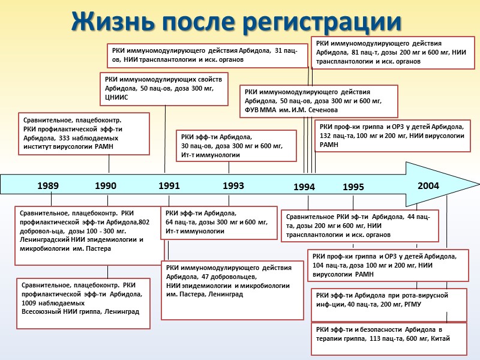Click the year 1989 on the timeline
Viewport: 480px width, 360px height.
pos(48,186)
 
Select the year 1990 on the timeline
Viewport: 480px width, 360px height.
pos(106,186)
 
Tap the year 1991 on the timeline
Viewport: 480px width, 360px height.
pos(169,186)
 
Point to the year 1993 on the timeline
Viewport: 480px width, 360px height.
pos(233,186)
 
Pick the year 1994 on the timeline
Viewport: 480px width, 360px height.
pos(304,188)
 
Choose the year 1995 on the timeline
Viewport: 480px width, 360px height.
pos(353,188)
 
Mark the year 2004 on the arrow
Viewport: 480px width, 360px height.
pos(428,186)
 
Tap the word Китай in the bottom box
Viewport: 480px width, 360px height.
pos(439,338)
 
